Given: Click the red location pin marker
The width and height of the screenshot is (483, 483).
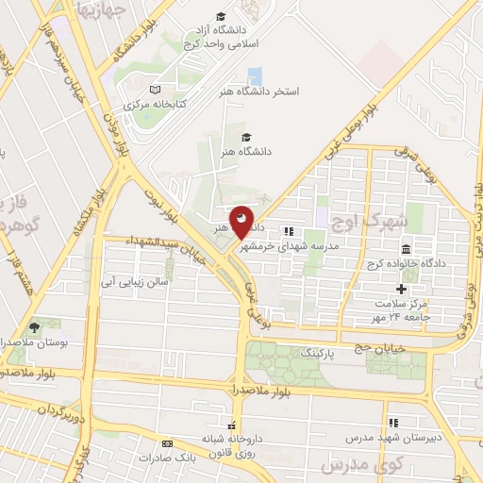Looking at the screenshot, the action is [x=242, y=223].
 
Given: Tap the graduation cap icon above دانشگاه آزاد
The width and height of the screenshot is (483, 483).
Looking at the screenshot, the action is [x=221, y=16].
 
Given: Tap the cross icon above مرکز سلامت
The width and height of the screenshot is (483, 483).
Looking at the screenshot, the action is [x=401, y=288].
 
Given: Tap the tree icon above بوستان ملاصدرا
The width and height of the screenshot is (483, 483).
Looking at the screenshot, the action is [x=35, y=326].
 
